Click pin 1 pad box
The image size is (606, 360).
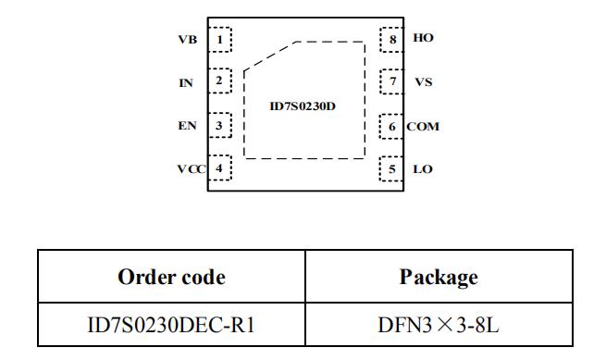(220, 40)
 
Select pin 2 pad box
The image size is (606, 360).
(220, 81)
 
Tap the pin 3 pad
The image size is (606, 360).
(220, 125)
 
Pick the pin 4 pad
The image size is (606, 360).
(220, 168)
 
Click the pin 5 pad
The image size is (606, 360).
(391, 169)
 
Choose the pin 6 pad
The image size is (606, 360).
(391, 127)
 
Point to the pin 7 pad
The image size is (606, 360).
(391, 81)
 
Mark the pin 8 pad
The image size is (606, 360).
(391, 40)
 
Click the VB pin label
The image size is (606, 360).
(188, 40)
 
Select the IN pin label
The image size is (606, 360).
(186, 83)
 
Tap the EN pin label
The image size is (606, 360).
(187, 126)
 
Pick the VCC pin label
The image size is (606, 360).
(192, 169)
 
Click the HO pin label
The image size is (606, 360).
(423, 38)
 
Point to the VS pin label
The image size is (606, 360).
(423, 82)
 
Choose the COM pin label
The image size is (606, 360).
(423, 127)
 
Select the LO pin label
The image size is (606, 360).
(423, 169)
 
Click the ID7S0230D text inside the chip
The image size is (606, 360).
(303, 106)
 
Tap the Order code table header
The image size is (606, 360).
(171, 277)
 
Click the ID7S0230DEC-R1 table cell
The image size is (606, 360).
(171, 325)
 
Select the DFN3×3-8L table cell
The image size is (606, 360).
(439, 325)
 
